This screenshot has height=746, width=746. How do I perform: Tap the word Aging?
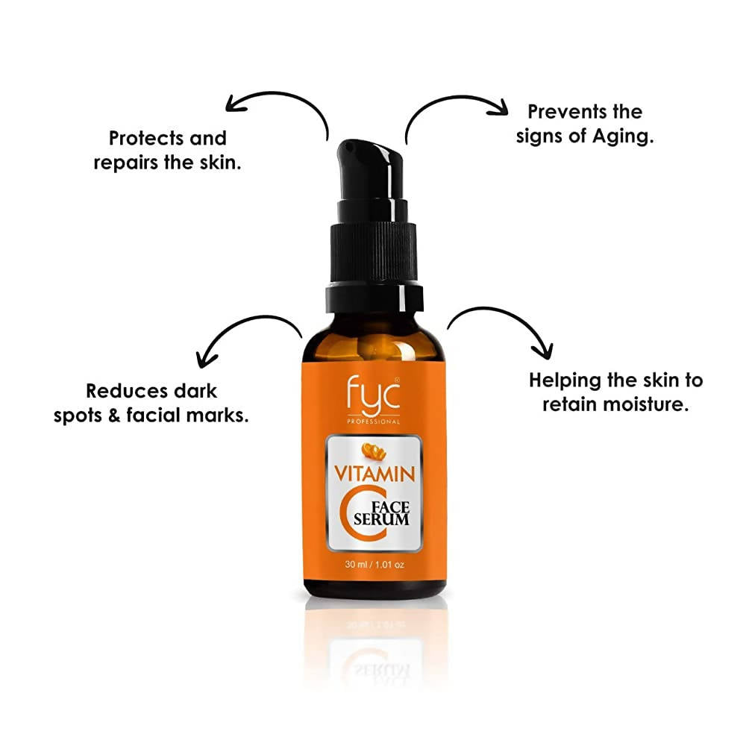(614, 137)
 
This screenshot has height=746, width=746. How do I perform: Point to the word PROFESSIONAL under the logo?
(373, 421)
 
